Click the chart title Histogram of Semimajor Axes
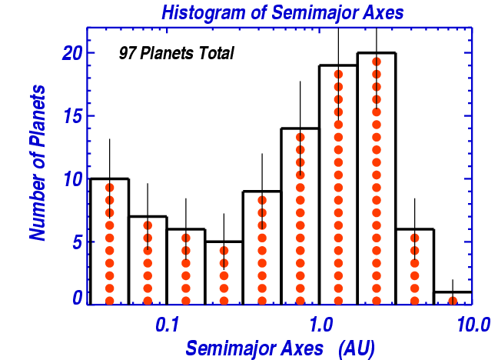[x=283, y=13]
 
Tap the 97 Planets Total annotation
[x=177, y=53]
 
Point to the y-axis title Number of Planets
[x=38, y=162]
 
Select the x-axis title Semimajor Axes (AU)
[x=280, y=348]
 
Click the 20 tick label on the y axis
[x=72, y=53]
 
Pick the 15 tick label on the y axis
[x=72, y=115]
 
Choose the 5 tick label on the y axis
[x=77, y=242]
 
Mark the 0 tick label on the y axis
[x=77, y=298]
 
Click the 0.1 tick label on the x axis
[x=167, y=325]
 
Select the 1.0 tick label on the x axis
[x=320, y=325]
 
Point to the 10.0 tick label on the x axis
[x=473, y=325]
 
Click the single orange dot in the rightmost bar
[x=453, y=301]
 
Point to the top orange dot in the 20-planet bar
[x=377, y=62]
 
